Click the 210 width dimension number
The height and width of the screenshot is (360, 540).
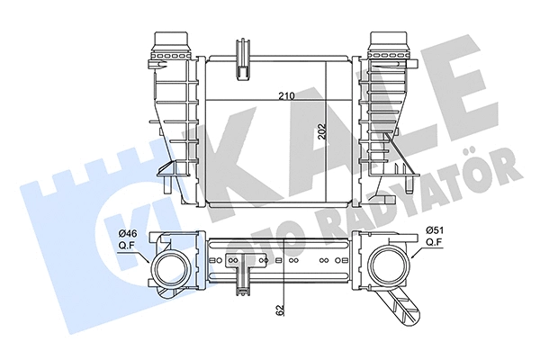(286, 96)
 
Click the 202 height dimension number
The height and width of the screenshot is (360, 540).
(322, 131)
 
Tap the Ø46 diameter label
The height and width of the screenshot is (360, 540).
(128, 234)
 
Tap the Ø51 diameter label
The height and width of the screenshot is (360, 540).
(435, 229)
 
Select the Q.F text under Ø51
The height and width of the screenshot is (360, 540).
(434, 241)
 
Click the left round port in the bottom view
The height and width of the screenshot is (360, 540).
(172, 269)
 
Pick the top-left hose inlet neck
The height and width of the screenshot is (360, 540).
(172, 45)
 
